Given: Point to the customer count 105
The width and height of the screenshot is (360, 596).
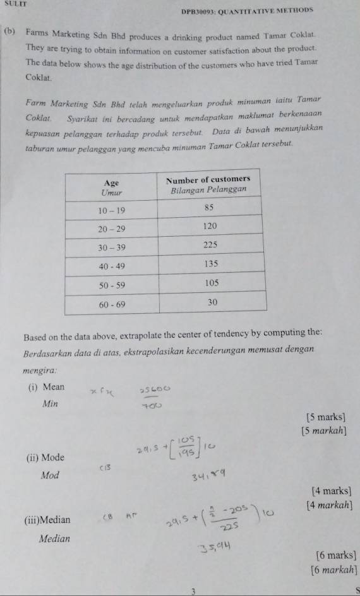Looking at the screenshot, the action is click(x=210, y=284).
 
